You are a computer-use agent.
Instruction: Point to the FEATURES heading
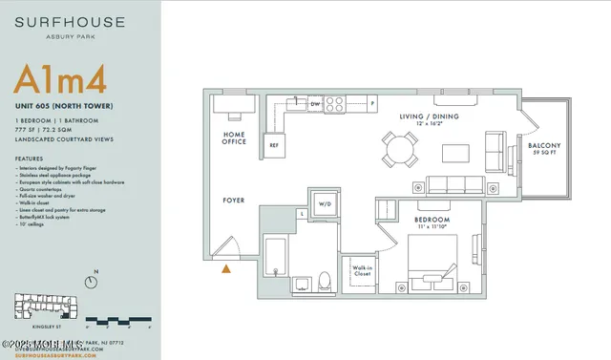pos(30,159)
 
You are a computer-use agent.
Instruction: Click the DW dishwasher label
pos(314,100)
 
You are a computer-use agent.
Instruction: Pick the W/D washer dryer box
pos(324,203)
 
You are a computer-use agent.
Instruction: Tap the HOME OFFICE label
pos(235,140)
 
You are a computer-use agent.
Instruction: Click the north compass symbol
pos(92,282)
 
